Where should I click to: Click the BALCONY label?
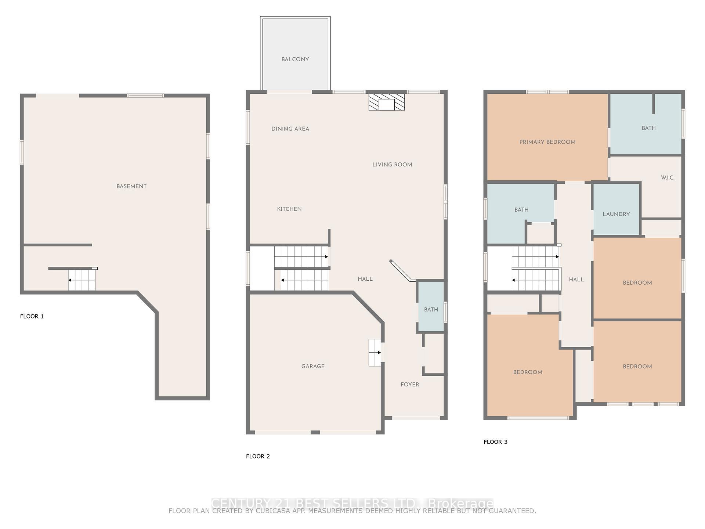[295, 60]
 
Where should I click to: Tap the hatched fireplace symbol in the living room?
[387, 102]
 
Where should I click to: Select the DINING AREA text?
[290, 129]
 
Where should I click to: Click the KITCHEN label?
[289, 209]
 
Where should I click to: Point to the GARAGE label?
[313, 366]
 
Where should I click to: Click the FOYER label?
[410, 385]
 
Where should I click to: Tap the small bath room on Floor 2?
[431, 310]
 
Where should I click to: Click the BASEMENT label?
[131, 186]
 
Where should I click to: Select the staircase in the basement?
[82, 280]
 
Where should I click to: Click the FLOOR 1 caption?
[32, 316]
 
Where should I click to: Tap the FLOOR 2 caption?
[258, 456]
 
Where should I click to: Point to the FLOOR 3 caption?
[495, 442]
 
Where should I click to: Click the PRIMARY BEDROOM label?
[547, 142]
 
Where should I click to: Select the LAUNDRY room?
[616, 214]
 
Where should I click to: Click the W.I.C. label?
[668, 178]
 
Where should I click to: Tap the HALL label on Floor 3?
[576, 280]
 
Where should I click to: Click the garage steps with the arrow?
[375, 353]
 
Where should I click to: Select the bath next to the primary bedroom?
[648, 128]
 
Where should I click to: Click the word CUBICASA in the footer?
[272, 511]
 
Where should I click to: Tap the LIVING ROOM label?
[392, 165]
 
